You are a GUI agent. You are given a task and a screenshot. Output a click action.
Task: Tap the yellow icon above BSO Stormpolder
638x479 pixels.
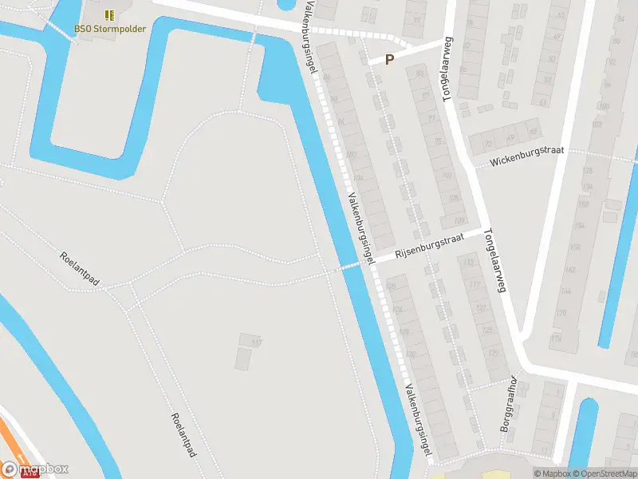108,14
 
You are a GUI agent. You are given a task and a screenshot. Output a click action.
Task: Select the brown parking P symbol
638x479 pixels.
390,59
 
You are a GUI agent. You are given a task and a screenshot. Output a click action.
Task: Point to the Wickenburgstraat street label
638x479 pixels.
526,157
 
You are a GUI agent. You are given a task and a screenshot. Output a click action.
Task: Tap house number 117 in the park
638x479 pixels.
256,342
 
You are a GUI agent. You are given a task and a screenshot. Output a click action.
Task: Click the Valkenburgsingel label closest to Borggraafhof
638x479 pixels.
418,422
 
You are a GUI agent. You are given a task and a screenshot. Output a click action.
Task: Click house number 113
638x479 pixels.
469,263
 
